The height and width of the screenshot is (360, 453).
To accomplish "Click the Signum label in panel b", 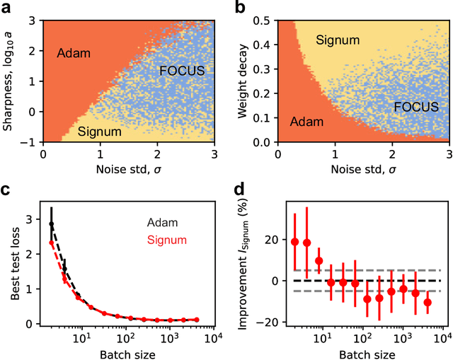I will point(333,42).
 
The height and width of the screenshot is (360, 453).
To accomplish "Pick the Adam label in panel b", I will point(307,122).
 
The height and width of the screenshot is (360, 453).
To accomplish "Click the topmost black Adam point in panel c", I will point(51,224).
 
